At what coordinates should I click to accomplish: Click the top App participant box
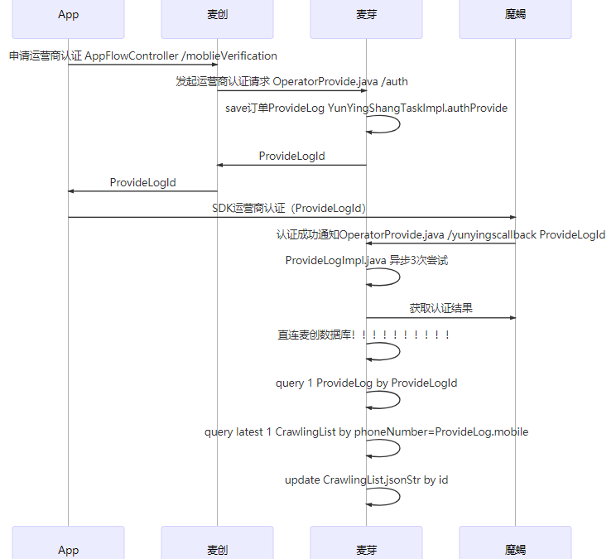pyautogui.click(x=69, y=15)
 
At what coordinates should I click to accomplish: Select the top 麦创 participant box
pyautogui.click(x=217, y=15)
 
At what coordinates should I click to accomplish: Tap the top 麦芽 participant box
pyautogui.click(x=366, y=15)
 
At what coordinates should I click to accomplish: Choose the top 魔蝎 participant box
pyautogui.click(x=515, y=15)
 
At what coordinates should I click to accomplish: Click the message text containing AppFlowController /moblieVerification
pyautogui.click(x=143, y=55)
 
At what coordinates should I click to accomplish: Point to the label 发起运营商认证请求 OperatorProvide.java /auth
pyautogui.click(x=291, y=81)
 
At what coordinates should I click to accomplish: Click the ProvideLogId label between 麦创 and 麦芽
pyautogui.click(x=291, y=156)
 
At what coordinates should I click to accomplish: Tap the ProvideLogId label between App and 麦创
pyautogui.click(x=143, y=182)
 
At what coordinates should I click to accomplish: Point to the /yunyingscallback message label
pyautogui.click(x=440, y=234)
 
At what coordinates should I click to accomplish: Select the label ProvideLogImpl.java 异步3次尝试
pyautogui.click(x=366, y=260)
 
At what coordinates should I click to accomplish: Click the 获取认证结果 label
pyautogui.click(x=440, y=308)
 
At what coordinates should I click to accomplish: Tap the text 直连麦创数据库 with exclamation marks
pyautogui.click(x=364, y=335)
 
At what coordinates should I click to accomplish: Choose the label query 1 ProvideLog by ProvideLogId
pyautogui.click(x=366, y=383)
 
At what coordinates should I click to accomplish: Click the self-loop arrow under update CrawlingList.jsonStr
pyautogui.click(x=385, y=497)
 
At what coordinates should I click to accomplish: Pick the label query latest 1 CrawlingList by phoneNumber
pyautogui.click(x=366, y=431)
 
